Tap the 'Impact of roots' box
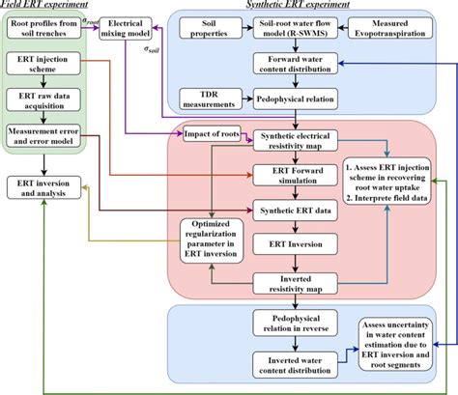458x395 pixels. pyautogui.click(x=211, y=134)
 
